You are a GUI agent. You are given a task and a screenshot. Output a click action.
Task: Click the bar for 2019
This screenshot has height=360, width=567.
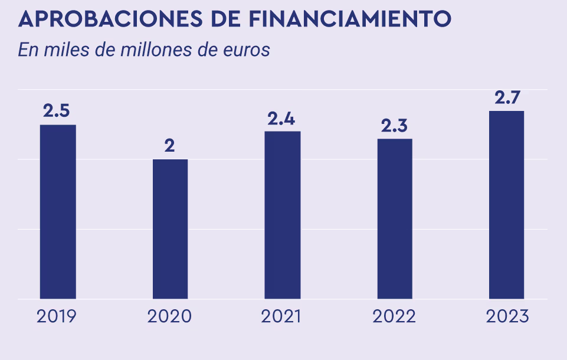(x=58, y=211)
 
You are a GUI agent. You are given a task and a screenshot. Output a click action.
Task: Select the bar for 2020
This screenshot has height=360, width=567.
(x=170, y=229)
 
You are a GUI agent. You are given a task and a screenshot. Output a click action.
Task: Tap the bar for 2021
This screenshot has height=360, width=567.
(x=283, y=215)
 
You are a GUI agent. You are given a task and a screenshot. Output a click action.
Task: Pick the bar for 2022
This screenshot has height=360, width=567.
(x=395, y=218)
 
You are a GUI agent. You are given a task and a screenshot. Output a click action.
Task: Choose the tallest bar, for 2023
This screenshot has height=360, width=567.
(x=507, y=204)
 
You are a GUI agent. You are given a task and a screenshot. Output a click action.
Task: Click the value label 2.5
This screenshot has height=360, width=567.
(x=57, y=111)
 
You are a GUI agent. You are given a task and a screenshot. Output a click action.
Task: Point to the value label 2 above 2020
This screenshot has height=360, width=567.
(x=169, y=146)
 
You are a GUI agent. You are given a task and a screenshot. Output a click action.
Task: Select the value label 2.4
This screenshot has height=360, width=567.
(x=281, y=119)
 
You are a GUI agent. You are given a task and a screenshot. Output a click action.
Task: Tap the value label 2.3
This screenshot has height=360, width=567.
(x=395, y=126)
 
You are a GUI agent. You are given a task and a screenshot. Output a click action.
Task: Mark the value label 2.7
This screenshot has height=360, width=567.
(x=507, y=97)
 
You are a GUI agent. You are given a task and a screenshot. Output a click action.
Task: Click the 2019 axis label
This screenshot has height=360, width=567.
(x=57, y=316)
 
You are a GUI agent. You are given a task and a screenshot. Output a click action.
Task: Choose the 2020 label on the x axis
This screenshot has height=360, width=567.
(x=169, y=316)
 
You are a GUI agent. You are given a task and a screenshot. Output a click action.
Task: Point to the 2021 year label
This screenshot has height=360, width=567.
(x=281, y=316)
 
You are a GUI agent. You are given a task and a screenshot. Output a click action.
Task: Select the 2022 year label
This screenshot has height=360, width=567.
(x=394, y=316)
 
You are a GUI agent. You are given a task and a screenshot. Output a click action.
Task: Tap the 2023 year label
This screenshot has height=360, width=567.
(x=507, y=316)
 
